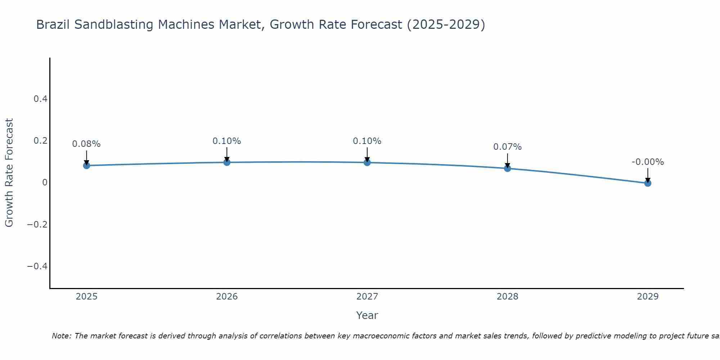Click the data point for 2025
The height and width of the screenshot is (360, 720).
tap(86, 166)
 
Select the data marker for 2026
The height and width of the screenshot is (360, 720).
tap(227, 162)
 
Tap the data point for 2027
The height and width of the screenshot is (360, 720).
tap(367, 162)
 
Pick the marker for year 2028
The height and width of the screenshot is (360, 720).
tap(507, 168)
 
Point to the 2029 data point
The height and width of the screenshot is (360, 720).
tap(648, 183)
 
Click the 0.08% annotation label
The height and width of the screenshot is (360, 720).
tap(86, 144)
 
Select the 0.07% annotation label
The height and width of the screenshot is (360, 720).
tap(507, 147)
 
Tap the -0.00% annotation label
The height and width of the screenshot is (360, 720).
tap(648, 162)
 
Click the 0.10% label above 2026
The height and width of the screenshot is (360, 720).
tap(227, 141)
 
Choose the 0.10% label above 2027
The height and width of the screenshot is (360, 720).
tap(367, 141)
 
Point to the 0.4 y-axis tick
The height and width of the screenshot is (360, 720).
tap(40, 99)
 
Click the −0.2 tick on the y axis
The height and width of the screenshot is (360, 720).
tap(37, 224)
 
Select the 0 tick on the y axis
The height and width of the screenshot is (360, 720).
tap(45, 183)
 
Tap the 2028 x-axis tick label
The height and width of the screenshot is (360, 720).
tap(507, 297)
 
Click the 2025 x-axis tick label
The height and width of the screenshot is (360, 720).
tap(86, 297)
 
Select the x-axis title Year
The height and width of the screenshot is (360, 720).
tap(367, 315)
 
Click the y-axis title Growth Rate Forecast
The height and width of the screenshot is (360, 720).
tap(9, 173)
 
